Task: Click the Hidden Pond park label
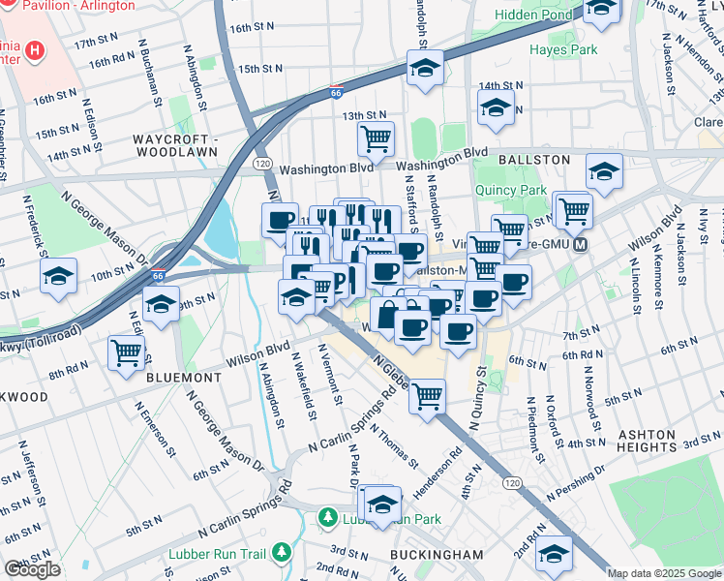pyautogui.click(x=532, y=15)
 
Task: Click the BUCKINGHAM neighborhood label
pyautogui.click(x=437, y=554)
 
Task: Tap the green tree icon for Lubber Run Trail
pyautogui.click(x=282, y=552)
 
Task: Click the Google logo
pyautogui.click(x=32, y=569)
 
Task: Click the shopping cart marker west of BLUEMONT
pyautogui.click(x=126, y=352)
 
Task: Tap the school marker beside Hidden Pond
pyautogui.click(x=601, y=10)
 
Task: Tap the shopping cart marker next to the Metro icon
pyautogui.click(x=573, y=208)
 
